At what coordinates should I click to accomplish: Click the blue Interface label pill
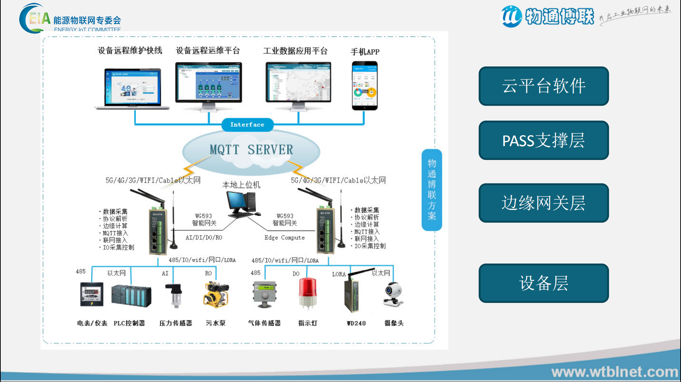click(247, 124)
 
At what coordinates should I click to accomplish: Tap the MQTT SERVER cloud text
click(251, 150)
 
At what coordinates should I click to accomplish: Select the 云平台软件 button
click(543, 86)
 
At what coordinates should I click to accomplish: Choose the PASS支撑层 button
click(543, 140)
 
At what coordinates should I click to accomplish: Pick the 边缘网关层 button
click(543, 203)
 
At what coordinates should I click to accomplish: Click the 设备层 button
click(543, 283)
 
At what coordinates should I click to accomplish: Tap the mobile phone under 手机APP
click(365, 86)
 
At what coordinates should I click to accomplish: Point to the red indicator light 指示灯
click(307, 293)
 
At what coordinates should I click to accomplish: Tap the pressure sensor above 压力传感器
click(176, 294)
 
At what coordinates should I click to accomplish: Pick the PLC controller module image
click(131, 296)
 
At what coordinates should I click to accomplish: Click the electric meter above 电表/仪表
click(92, 294)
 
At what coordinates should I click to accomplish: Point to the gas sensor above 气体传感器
click(264, 294)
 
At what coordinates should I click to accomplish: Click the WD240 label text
click(356, 323)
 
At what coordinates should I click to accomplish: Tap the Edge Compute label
click(284, 238)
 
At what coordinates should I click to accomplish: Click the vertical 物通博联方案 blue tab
click(432, 190)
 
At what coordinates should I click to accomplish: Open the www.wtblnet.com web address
click(614, 372)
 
